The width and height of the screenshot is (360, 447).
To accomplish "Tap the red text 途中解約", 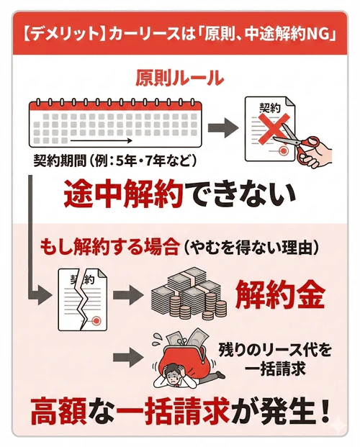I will pos(122,194).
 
